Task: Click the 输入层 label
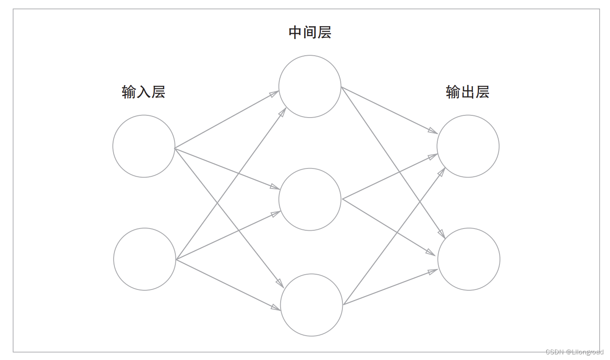coord(143,92)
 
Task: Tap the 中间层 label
coord(310,33)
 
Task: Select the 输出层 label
coord(467,92)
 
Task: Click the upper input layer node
coord(144,146)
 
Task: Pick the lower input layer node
coord(144,259)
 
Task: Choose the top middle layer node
coord(310,86)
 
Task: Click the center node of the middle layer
coord(310,199)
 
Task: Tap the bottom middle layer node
coord(311,305)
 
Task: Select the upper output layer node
coord(468,146)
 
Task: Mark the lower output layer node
coord(469,259)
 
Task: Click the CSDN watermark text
coord(574,352)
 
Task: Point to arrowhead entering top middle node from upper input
coord(274,94)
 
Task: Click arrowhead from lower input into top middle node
coord(282,112)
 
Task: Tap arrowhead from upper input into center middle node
coord(275,187)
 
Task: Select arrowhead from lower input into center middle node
coord(276,213)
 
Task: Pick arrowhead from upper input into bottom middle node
coord(280,283)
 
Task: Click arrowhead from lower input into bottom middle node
coord(276,307)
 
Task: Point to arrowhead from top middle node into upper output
coord(432,131)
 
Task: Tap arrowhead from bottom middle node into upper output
coord(441,172)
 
